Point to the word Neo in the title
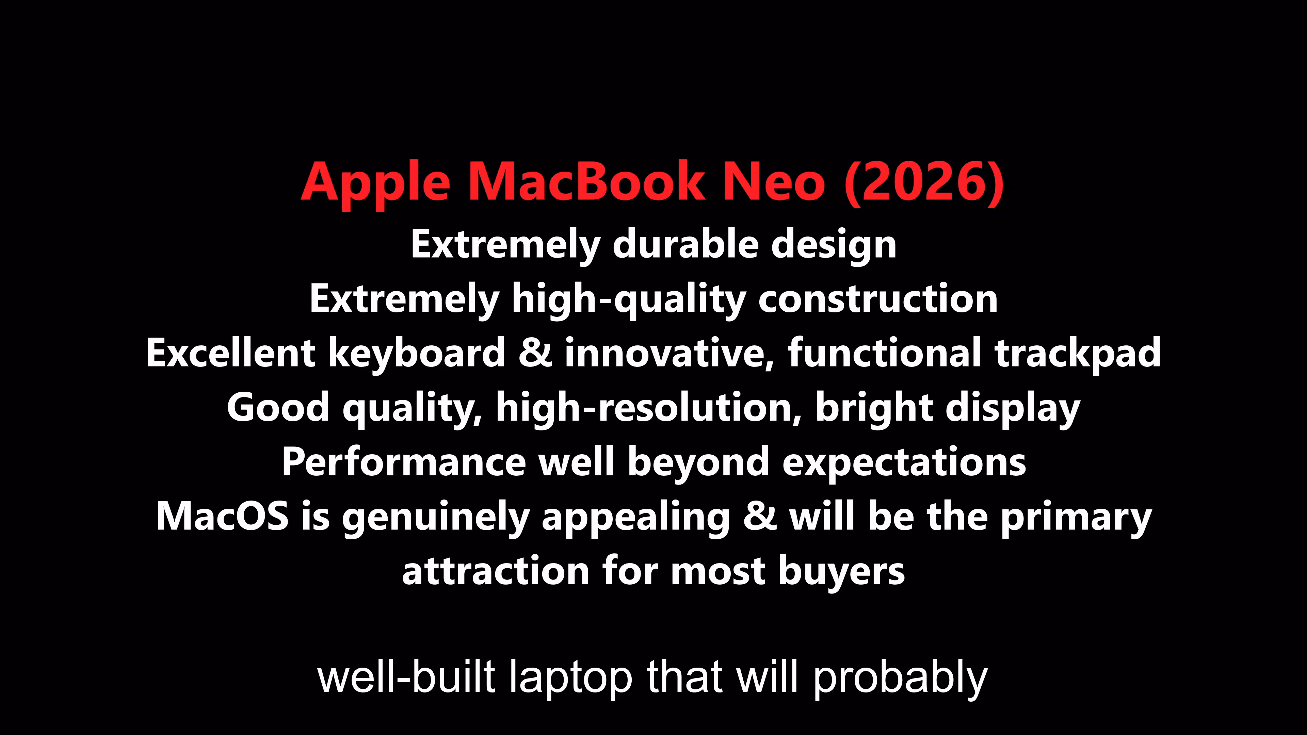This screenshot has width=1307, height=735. [774, 182]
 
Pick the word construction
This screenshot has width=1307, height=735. [878, 299]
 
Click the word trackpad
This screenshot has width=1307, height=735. [1078, 354]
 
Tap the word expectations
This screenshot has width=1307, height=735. [904, 463]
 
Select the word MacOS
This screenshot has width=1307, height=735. [223, 517]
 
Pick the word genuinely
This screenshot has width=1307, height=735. [435, 517]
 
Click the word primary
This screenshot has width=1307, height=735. [1076, 517]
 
